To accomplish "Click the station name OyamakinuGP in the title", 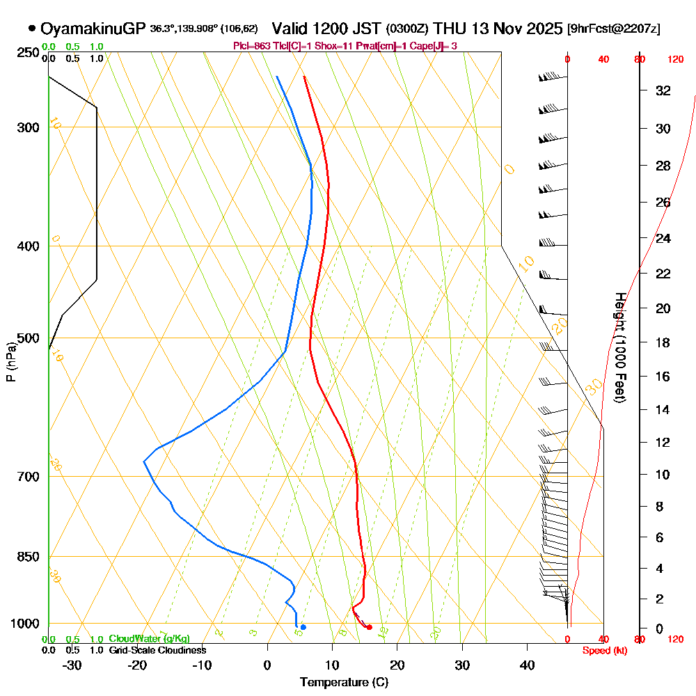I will [93, 29].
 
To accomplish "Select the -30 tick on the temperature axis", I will [72, 665].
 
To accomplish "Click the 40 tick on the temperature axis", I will [527, 665].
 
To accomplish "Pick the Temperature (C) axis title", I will [344, 683].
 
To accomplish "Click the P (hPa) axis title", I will [10, 361].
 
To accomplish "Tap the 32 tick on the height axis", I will [663, 90].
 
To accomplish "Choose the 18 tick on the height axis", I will [663, 342].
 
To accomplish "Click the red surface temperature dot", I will [370, 627].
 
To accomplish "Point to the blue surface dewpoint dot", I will [303, 627].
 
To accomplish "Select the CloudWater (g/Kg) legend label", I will [149, 639].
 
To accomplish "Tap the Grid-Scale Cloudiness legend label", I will [157, 650].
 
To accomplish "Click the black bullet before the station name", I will [32, 29].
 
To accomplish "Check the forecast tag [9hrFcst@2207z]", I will [614, 29].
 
